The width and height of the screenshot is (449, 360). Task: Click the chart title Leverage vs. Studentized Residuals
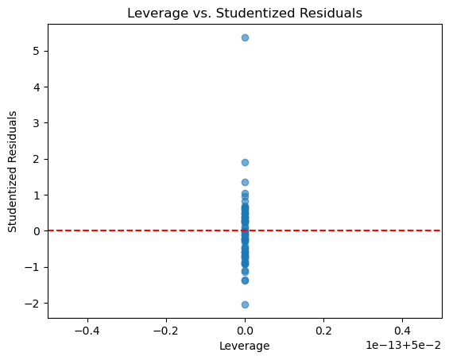(245, 14)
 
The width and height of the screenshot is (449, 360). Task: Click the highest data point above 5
(245, 37)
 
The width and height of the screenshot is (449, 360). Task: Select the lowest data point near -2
(245, 304)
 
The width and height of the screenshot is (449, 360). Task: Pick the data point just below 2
(245, 162)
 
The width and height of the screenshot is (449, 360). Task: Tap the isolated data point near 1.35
(245, 182)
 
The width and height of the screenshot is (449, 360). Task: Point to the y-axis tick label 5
(37, 51)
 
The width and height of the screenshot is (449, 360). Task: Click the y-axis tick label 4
(37, 87)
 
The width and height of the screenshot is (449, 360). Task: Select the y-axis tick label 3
(37, 123)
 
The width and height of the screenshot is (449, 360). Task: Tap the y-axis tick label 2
(37, 159)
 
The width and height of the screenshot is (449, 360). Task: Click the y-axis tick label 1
(37, 195)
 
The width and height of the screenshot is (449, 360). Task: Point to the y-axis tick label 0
(37, 231)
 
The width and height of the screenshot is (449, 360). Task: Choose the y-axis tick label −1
(32, 267)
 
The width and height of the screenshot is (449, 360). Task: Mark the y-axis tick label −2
(32, 304)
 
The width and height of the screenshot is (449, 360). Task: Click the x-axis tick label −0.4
(87, 331)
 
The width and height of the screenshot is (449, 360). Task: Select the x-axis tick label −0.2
(166, 331)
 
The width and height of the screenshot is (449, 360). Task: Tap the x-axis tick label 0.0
(245, 331)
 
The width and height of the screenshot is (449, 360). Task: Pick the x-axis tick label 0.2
(324, 331)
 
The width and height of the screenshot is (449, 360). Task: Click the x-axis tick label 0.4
(403, 331)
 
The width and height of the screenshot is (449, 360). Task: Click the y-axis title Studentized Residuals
(12, 172)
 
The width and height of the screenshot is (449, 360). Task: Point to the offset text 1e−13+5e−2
(404, 346)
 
